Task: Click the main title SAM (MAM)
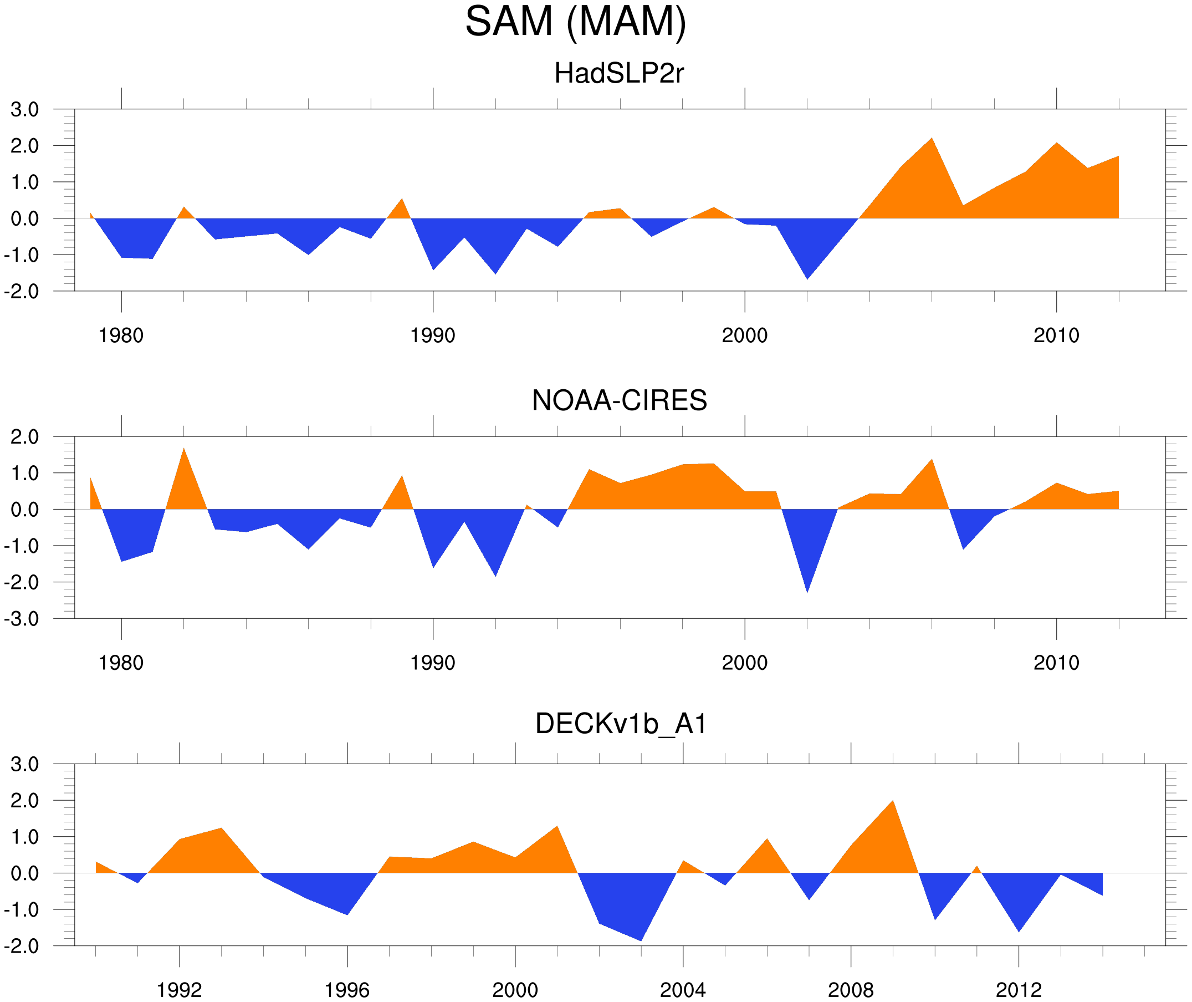coord(575,22)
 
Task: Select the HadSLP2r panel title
coord(618,73)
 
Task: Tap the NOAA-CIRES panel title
coord(618,400)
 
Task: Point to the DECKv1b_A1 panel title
coord(621,724)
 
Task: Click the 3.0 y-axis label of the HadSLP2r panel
coord(24,110)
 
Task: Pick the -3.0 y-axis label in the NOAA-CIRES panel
coord(22,619)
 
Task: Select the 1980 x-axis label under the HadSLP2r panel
coord(121,335)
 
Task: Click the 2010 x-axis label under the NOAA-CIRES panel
coord(1056,663)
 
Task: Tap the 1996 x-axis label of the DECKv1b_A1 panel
coord(347,990)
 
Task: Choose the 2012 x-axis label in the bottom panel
coord(1019,990)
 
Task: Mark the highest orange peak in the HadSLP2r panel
coord(932,139)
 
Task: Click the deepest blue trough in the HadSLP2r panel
coord(807,278)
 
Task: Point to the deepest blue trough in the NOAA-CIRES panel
coord(807,592)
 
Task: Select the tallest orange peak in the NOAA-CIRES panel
coord(183,449)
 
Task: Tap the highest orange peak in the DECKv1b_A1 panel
coord(893,801)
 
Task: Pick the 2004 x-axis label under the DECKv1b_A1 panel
coord(682,990)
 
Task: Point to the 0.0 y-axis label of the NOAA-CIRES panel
coord(24,510)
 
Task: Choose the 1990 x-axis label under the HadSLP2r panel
coord(433,335)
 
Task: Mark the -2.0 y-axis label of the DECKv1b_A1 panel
coord(22,947)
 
